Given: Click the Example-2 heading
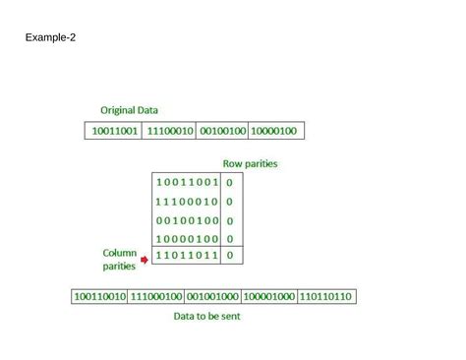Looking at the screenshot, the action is click(x=50, y=38).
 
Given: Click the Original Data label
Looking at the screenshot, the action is click(x=129, y=110).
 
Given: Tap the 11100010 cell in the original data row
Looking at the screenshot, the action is click(x=169, y=131).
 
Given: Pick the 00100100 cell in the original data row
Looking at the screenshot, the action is click(x=222, y=131).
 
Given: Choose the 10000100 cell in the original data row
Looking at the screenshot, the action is click(x=275, y=131).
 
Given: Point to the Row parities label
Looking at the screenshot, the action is click(x=250, y=163).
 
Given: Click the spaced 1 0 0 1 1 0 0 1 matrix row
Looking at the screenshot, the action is click(x=187, y=183).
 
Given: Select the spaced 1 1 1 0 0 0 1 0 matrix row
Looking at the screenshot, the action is click(x=187, y=202).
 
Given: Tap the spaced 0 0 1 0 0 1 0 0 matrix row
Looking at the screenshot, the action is click(x=187, y=220).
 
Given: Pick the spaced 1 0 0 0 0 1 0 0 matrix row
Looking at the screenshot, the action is click(x=187, y=239).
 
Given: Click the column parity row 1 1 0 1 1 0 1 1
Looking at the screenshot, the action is click(x=187, y=257).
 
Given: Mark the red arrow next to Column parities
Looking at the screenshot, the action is click(x=145, y=261).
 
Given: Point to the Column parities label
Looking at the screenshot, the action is click(x=119, y=259).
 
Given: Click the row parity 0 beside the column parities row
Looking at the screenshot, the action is click(x=229, y=257).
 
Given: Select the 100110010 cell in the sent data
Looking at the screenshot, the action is click(x=100, y=296).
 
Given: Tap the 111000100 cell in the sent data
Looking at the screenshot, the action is click(x=156, y=296).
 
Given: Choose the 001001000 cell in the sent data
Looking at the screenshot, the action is click(x=212, y=296).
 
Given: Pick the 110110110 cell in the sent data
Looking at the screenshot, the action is click(x=325, y=296).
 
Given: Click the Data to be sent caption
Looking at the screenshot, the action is click(x=206, y=317).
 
